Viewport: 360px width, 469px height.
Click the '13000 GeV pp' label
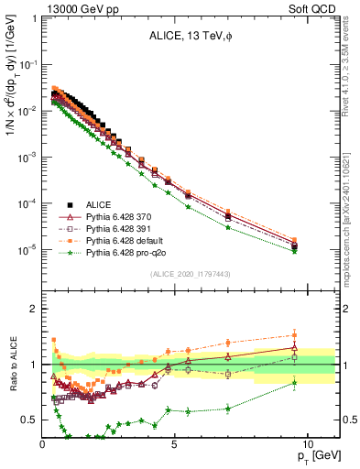76,8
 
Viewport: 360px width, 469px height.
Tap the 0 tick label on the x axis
43,442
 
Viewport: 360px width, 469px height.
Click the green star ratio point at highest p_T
294,383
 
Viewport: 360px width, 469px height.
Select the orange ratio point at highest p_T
294,334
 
